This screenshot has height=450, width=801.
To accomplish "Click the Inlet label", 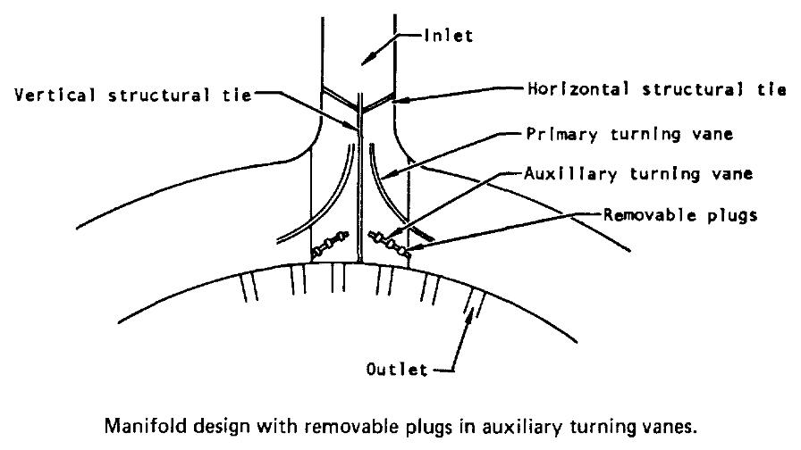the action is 449,35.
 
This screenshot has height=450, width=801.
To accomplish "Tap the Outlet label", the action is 396,369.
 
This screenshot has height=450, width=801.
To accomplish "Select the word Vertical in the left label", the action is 55,95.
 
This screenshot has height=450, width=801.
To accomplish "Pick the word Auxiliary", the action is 570,174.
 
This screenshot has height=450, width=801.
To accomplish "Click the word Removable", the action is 649,214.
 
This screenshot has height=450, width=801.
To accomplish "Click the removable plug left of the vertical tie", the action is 330,244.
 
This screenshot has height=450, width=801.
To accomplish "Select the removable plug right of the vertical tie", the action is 389,242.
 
